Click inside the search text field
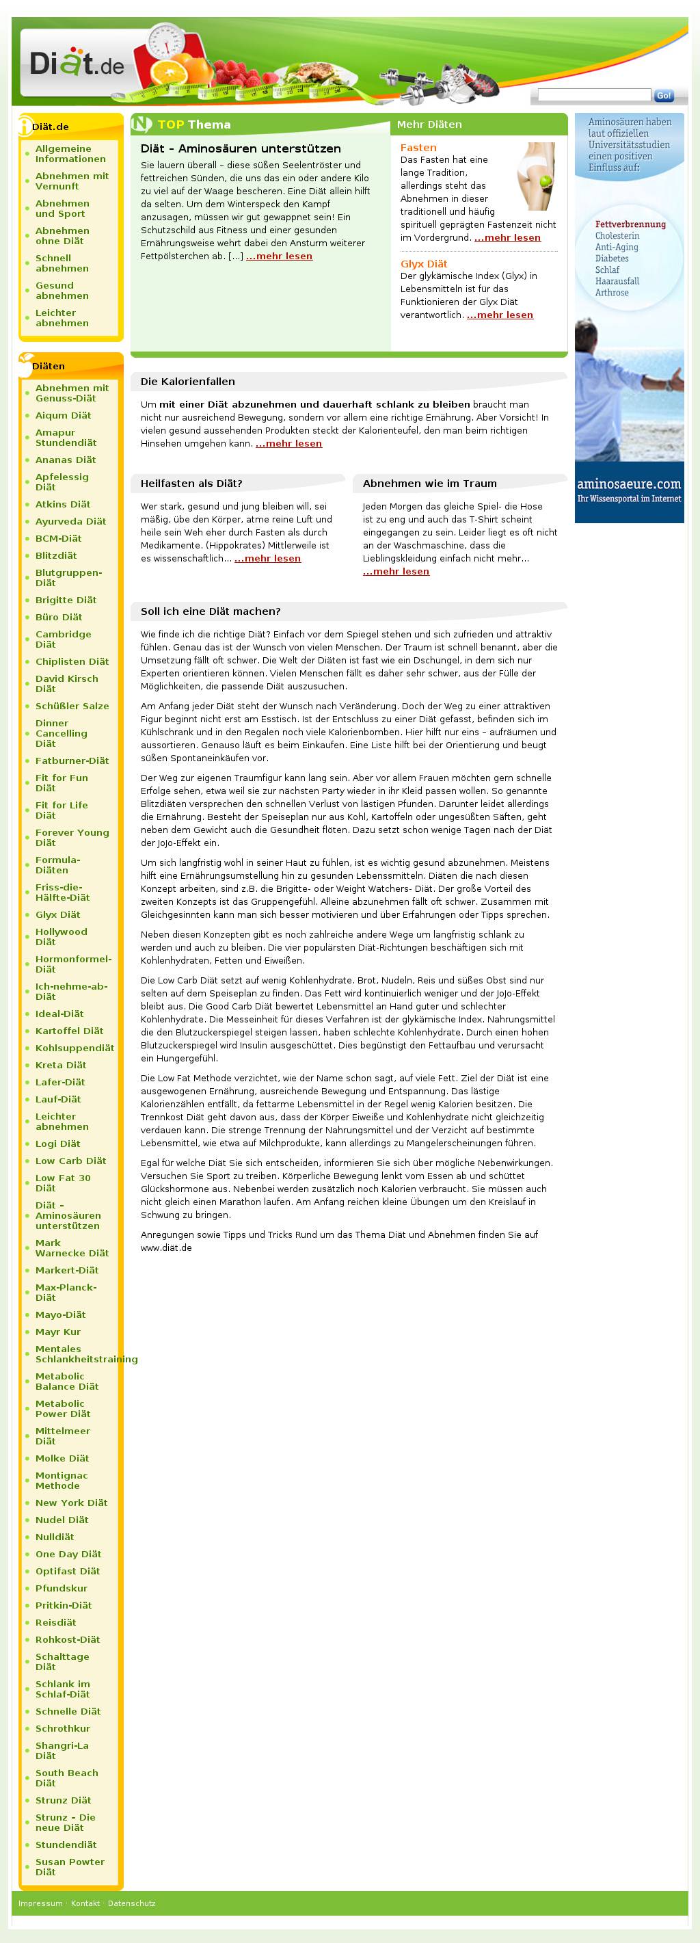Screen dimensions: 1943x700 click(593, 95)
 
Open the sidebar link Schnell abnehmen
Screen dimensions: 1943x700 click(62, 263)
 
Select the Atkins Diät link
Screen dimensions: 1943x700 click(63, 504)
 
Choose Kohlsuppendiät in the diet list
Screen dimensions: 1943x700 click(75, 1048)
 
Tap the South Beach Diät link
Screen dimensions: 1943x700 click(66, 1777)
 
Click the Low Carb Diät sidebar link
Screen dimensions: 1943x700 click(71, 1160)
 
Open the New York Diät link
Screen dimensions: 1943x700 click(71, 1502)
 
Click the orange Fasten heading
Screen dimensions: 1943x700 click(418, 148)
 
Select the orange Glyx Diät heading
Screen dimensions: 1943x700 click(423, 264)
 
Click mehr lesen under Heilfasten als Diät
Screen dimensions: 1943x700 click(267, 558)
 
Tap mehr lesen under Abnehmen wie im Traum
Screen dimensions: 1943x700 click(395, 571)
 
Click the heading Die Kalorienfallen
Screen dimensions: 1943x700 click(187, 382)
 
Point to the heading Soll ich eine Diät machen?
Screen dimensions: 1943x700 click(210, 611)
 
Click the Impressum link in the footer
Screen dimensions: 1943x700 click(40, 1903)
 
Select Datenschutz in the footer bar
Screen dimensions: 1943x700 click(131, 1903)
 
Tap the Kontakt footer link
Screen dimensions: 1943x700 click(85, 1903)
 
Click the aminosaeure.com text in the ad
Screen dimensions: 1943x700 click(628, 484)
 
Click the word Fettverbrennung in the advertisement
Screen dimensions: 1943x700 click(630, 224)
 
